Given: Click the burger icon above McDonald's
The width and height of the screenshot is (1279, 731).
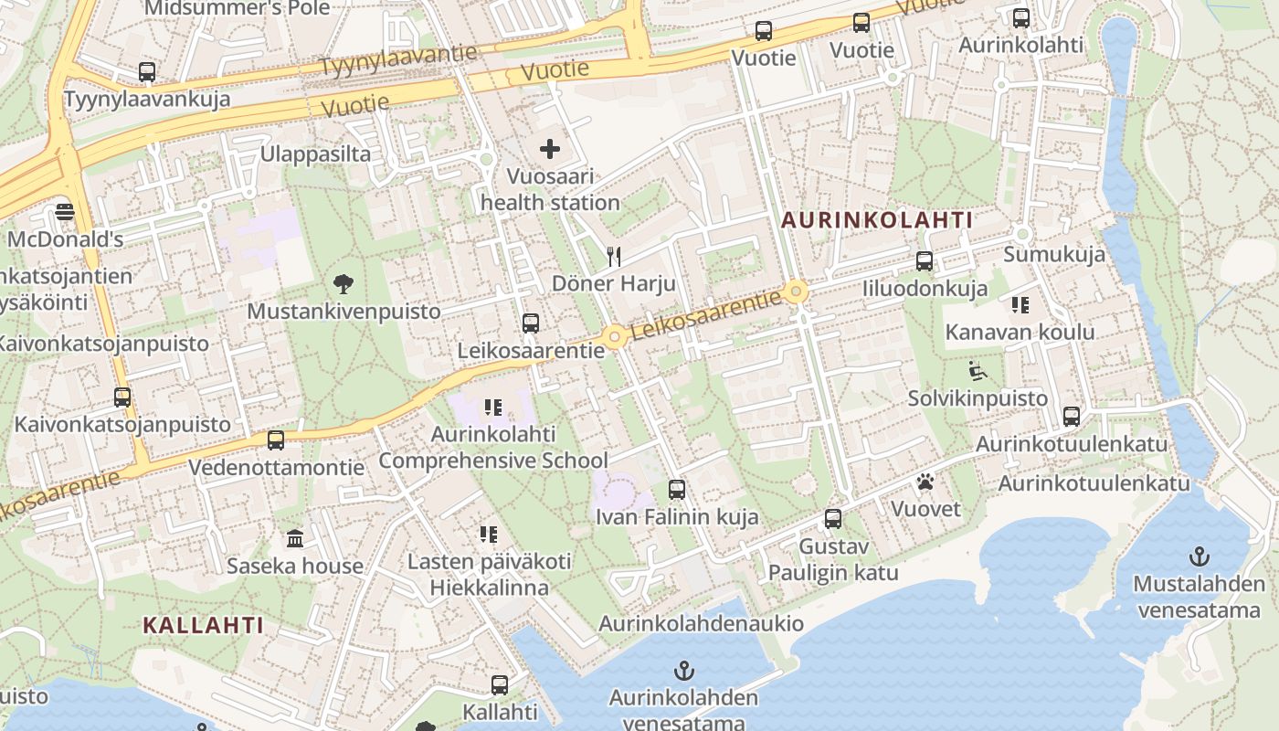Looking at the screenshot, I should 65,213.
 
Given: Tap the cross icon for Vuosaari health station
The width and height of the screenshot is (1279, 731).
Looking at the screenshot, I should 550,149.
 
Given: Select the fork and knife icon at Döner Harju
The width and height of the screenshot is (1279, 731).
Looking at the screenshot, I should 614,257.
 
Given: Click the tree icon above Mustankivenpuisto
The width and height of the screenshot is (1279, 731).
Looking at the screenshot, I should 344,284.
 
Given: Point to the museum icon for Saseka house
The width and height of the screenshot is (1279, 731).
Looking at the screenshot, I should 295,538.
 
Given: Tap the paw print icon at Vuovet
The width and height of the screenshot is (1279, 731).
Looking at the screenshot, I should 925,482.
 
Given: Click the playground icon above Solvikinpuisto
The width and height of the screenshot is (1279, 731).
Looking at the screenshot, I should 977,371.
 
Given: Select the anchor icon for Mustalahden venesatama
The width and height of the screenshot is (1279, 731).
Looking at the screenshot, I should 1199,556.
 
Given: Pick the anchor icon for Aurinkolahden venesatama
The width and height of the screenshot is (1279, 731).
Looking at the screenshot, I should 683,671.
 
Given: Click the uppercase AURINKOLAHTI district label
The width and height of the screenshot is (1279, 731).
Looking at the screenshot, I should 877,220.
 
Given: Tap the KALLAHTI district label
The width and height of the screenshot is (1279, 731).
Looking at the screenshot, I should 203,626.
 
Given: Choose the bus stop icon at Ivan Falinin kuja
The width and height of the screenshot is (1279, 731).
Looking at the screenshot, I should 677,490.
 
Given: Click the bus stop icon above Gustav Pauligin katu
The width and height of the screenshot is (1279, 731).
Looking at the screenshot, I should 833,519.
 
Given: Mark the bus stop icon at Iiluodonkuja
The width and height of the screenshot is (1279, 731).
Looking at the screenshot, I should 925,261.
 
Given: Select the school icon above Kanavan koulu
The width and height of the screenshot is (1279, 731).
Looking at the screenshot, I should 1020,304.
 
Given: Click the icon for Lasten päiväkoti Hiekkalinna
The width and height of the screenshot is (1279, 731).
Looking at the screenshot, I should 489,534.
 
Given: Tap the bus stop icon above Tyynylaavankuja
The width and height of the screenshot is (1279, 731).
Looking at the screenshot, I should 147,71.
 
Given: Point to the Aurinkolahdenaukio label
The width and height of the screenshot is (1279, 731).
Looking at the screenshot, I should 701,623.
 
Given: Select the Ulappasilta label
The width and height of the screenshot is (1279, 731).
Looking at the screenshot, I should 315,154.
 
